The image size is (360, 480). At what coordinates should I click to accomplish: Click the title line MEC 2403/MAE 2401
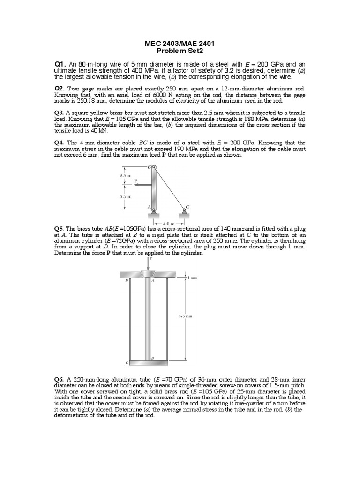[x=180, y=44]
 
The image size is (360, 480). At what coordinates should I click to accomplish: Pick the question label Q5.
[x=60, y=229]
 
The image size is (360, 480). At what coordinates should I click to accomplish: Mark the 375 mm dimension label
[x=186, y=316]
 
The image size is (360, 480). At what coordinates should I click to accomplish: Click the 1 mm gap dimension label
[x=192, y=277]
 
